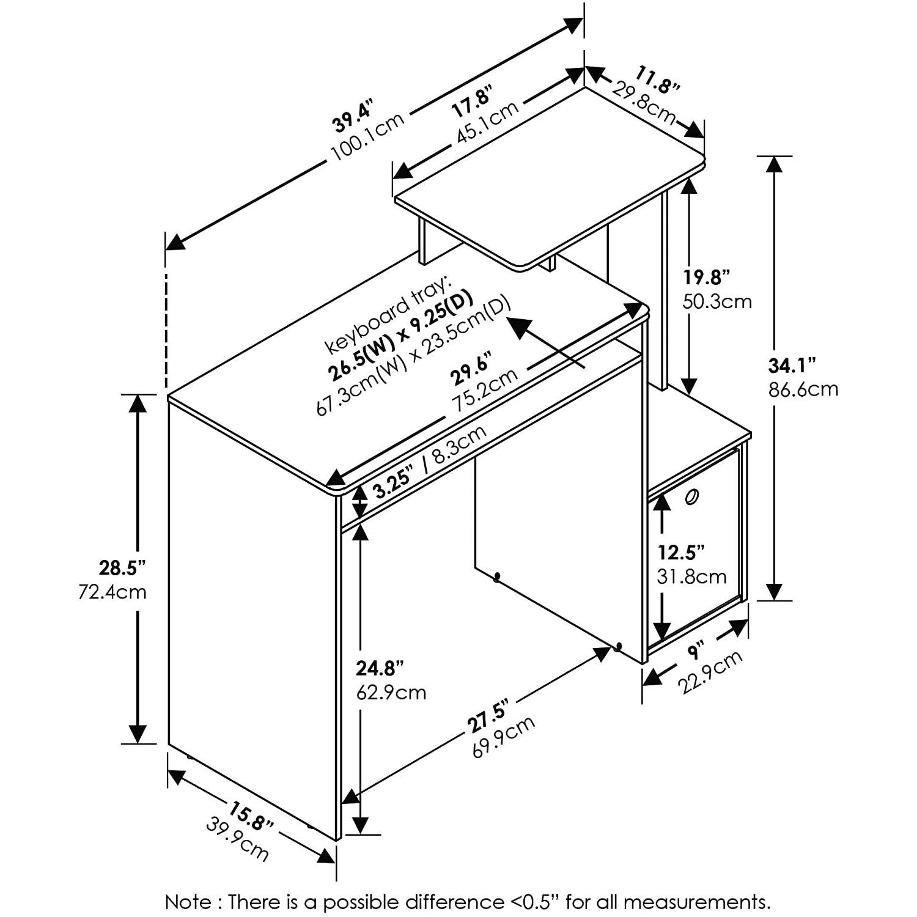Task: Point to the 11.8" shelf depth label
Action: (657, 80)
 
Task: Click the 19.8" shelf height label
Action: (707, 278)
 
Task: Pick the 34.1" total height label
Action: (792, 366)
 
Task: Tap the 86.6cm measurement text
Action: (803, 389)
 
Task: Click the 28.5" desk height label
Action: (122, 568)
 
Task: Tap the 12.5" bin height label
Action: (681, 553)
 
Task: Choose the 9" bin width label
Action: (694, 651)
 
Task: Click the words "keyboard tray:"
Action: (386, 314)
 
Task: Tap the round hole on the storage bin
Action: (691, 497)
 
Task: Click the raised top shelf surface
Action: (550, 177)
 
